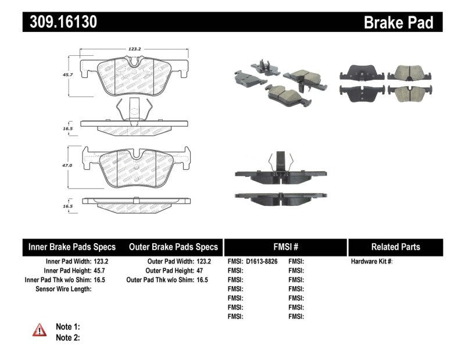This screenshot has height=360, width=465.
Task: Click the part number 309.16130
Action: [60, 22]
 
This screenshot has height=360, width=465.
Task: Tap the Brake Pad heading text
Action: [398, 23]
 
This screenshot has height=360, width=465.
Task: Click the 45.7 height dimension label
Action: [67, 75]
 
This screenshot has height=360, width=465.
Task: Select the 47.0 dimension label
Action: [67, 166]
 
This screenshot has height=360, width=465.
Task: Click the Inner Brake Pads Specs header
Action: [72, 247]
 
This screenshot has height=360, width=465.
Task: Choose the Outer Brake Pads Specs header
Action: [173, 247]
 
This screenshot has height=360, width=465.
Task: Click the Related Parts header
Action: [395, 247]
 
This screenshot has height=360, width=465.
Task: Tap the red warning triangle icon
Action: [40, 330]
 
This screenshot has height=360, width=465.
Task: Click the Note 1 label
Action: [67, 327]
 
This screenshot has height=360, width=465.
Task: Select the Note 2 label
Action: [67, 337]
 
